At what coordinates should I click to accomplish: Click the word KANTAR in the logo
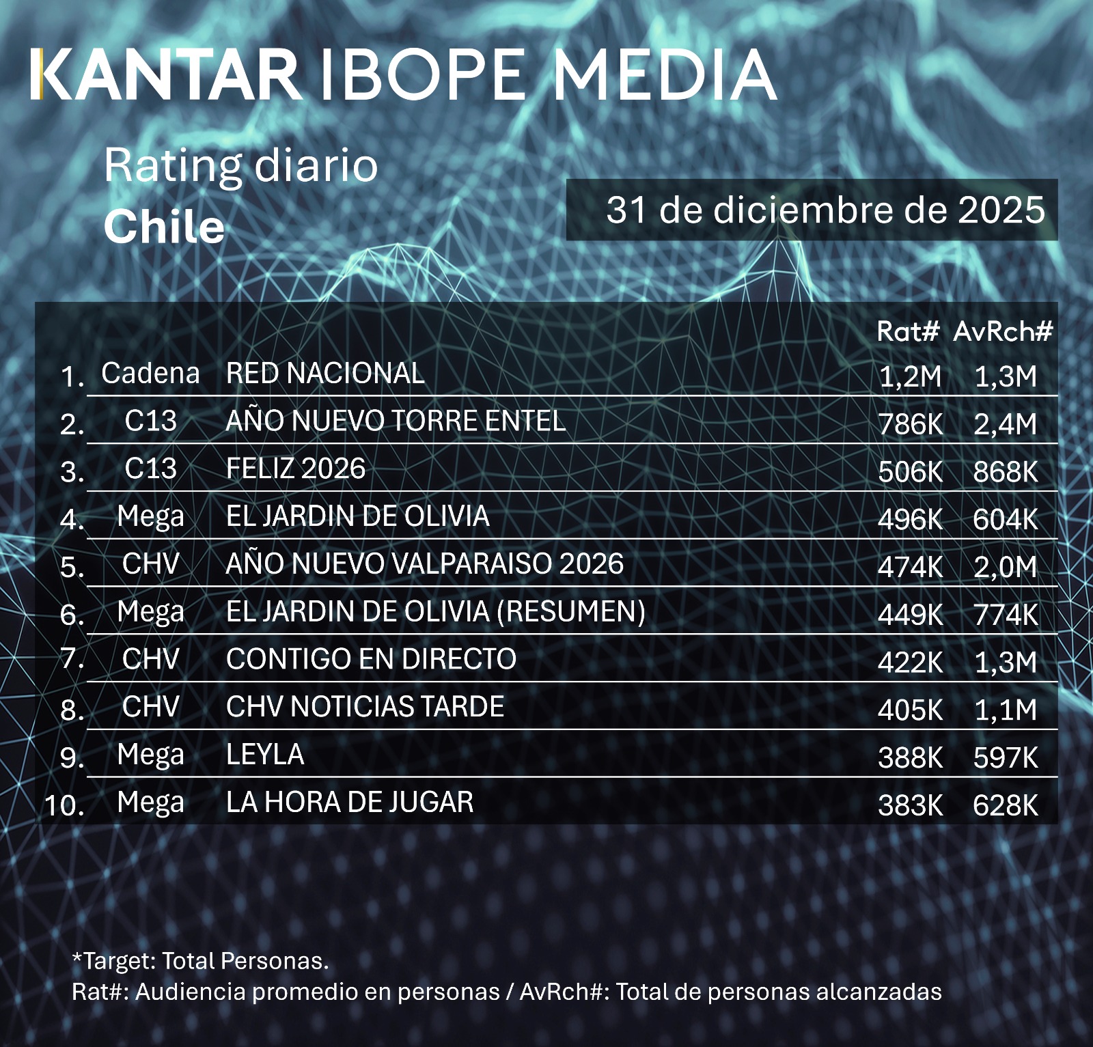tap(167, 74)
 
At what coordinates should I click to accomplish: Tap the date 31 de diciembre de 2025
tap(825, 210)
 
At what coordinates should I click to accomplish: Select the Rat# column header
tap(908, 331)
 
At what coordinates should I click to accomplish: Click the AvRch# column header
tap(1003, 331)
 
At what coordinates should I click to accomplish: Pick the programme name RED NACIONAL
tap(325, 373)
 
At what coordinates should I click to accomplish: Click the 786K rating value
tap(910, 424)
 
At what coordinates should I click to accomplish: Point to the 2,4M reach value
tap(1005, 424)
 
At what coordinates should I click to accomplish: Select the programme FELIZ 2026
tap(295, 469)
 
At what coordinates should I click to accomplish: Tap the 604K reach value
tap(1005, 520)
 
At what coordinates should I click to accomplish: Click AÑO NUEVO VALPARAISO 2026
tap(424, 563)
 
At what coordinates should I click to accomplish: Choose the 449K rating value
tap(910, 615)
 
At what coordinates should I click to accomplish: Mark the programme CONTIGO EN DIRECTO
tap(371, 659)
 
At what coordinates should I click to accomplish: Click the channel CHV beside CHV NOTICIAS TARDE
tap(150, 707)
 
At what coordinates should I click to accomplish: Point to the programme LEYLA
tap(265, 755)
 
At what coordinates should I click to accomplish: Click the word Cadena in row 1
tap(150, 373)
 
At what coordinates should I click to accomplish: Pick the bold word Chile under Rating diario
tap(164, 227)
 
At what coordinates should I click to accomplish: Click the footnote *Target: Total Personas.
tap(200, 961)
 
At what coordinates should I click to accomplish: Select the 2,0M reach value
tap(1005, 567)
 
